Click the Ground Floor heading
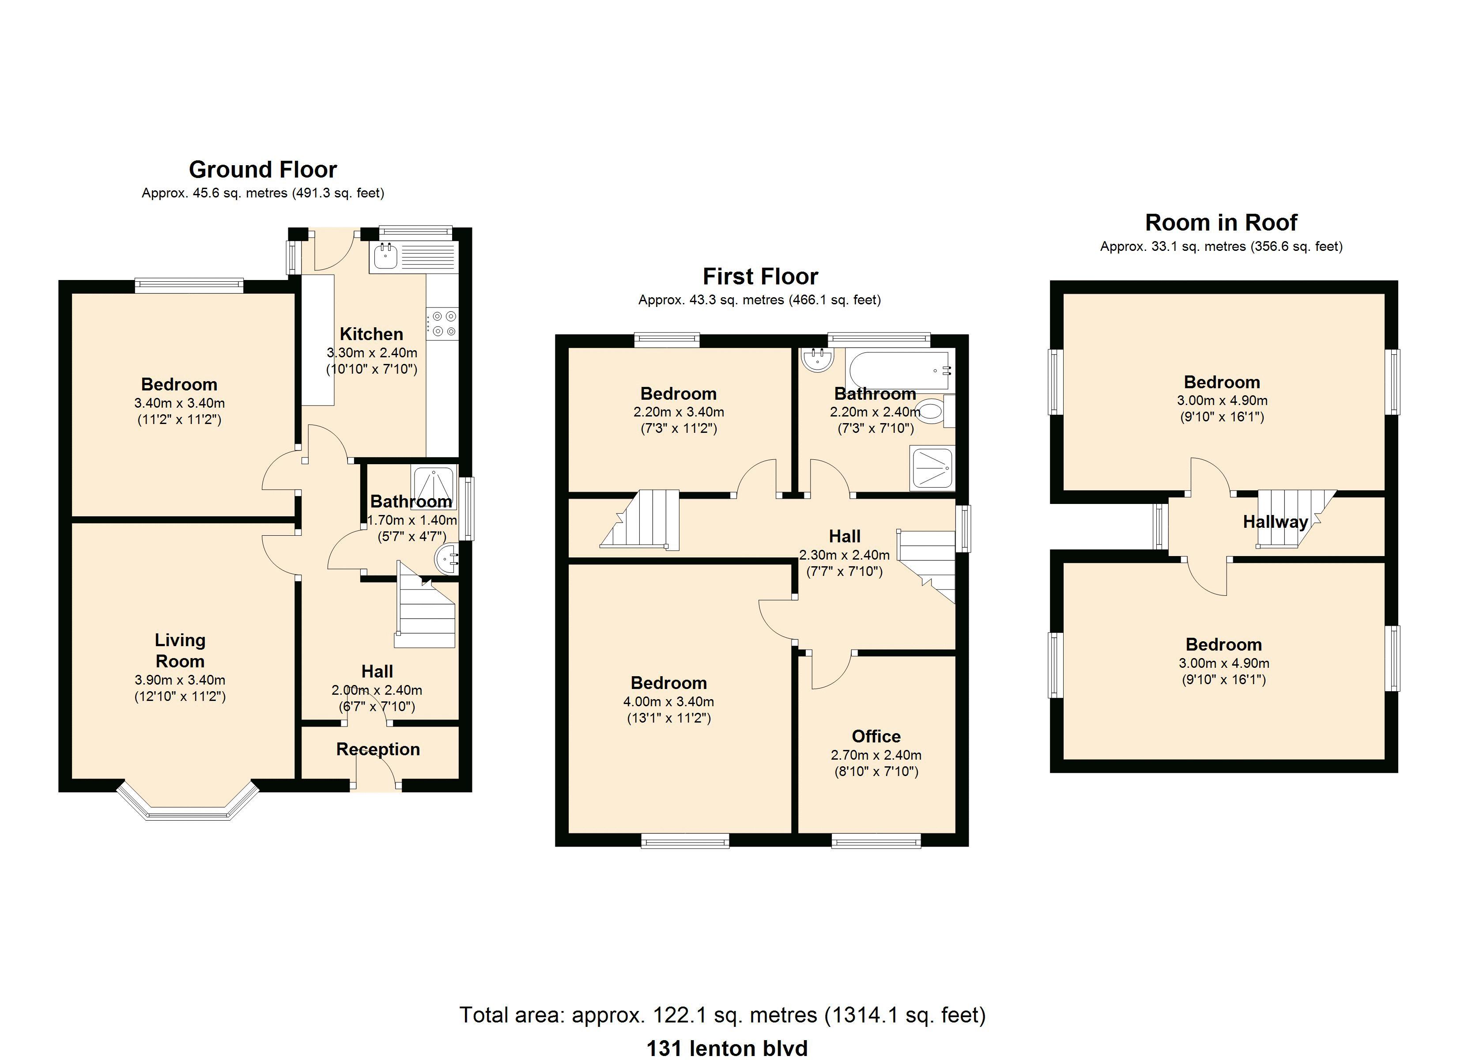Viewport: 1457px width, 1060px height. point(263,170)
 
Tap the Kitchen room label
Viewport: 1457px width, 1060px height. point(371,334)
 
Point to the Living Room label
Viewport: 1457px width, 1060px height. point(180,651)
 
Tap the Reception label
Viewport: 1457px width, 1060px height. point(378,750)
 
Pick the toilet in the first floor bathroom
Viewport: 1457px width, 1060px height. point(935,411)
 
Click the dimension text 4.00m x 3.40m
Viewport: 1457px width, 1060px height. point(669,702)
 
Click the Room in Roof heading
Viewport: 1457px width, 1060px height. point(1221,223)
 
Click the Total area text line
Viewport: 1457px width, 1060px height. point(722,1015)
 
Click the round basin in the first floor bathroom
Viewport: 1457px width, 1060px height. point(818,360)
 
